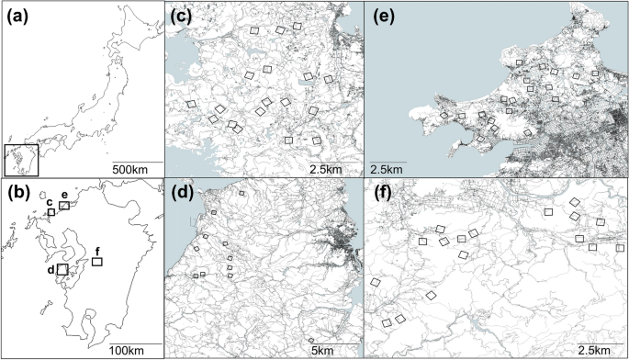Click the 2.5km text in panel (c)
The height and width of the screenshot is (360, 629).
pyautogui.click(x=327, y=170)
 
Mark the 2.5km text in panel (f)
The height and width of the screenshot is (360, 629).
pyautogui.click(x=597, y=350)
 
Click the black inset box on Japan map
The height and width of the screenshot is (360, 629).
pyautogui.click(x=21, y=160)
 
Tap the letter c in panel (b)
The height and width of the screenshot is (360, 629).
pyautogui.click(x=50, y=202)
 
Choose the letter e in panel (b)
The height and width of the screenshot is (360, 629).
pyautogui.click(x=65, y=195)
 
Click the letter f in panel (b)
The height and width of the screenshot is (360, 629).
pyautogui.click(x=97, y=250)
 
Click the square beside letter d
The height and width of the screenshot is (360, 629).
pyautogui.click(x=62, y=270)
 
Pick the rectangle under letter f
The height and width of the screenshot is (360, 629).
pyautogui.click(x=97, y=262)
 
